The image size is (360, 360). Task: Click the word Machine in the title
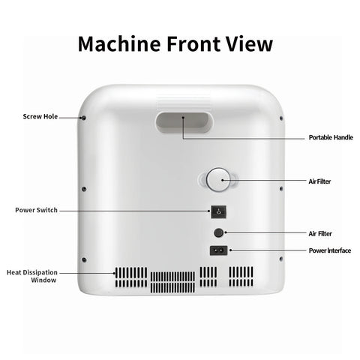point(119,44)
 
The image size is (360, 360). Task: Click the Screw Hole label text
point(40,116)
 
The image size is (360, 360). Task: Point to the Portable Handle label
point(331,137)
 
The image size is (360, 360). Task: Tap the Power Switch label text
point(36,210)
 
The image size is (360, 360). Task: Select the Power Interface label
point(330,250)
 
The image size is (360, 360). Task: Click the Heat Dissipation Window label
point(32,276)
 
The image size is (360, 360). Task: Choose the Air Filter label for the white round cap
point(319,181)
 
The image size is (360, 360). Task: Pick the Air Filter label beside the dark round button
point(320,233)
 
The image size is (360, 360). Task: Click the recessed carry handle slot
point(184,123)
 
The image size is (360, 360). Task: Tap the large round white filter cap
point(218,180)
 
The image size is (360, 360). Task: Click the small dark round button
point(218,232)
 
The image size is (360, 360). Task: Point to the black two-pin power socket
point(218,250)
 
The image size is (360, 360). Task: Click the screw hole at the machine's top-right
point(281,118)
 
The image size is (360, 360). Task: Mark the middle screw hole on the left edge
point(84,189)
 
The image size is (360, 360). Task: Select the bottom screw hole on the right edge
point(280,259)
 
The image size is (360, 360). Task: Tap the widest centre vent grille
point(172,282)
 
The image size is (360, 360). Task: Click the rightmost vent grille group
point(241,277)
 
